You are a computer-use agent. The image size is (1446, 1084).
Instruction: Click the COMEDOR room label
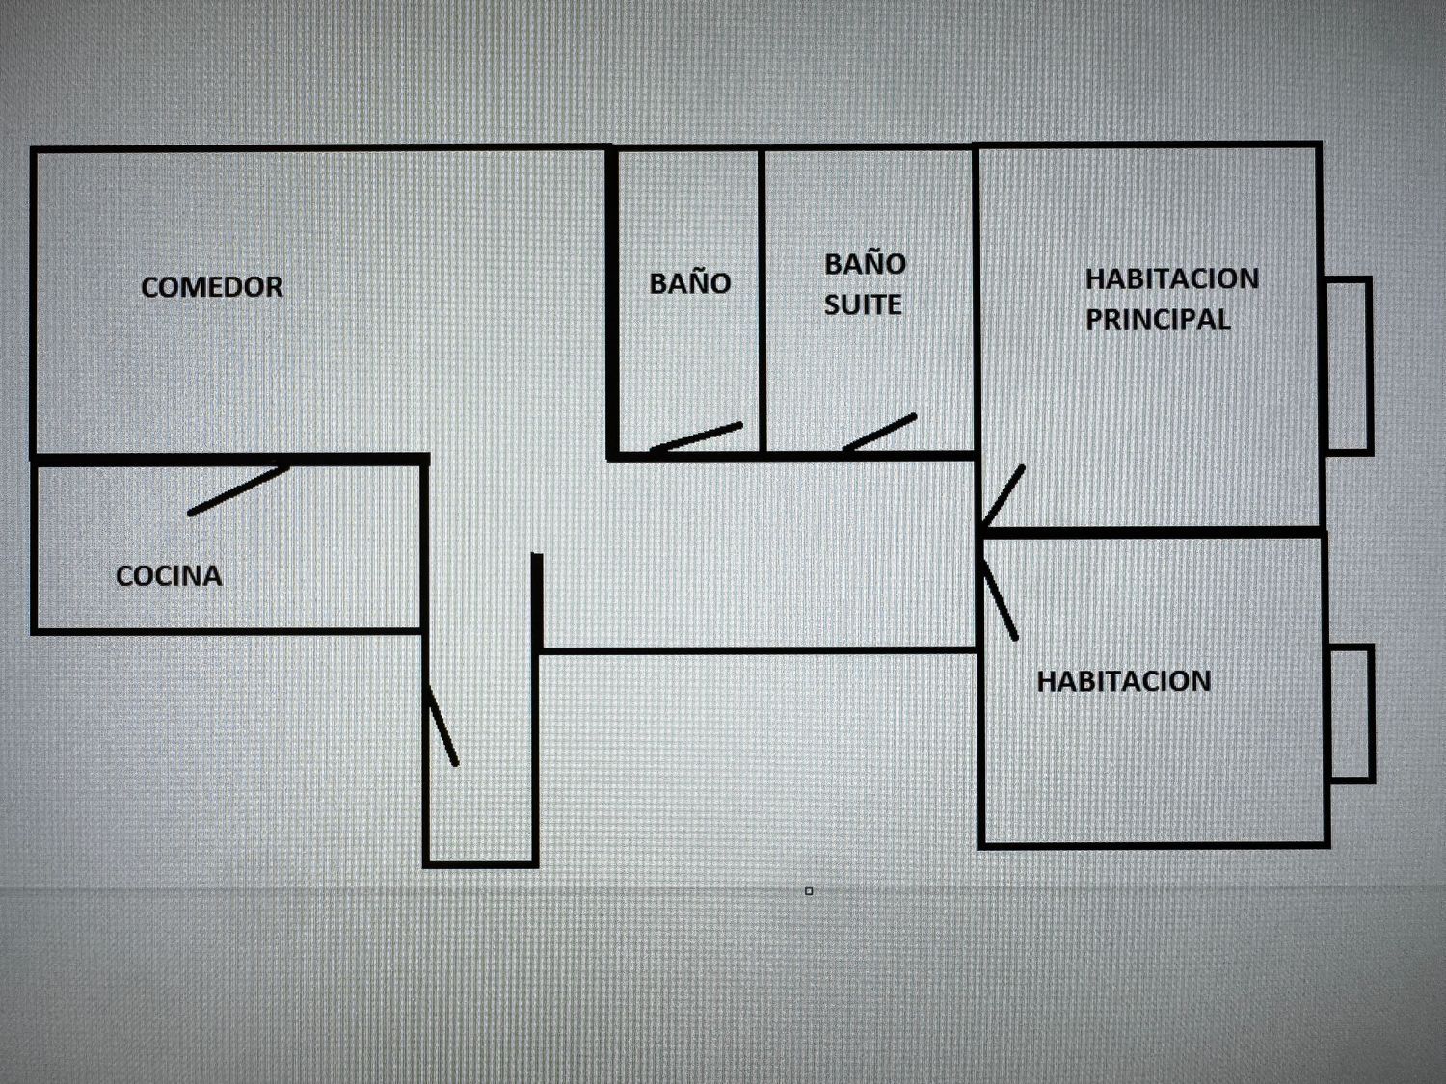(211, 287)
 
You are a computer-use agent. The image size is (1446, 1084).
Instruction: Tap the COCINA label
(169, 576)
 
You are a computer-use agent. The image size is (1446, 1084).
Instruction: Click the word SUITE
(863, 304)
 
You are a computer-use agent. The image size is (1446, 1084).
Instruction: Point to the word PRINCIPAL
(1158, 319)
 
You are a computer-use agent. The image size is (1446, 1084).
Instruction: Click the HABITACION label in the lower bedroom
(1124, 681)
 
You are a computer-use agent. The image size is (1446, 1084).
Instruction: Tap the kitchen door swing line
(238, 490)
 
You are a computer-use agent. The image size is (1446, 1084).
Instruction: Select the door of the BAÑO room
(696, 437)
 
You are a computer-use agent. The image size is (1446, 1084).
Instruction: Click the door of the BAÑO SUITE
(879, 433)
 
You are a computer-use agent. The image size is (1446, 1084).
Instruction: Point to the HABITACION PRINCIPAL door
(1003, 496)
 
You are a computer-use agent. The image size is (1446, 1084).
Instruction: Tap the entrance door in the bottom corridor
(442, 726)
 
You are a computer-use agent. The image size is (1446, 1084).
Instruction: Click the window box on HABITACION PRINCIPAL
(1348, 366)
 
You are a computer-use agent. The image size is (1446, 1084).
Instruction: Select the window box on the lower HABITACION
(1352, 714)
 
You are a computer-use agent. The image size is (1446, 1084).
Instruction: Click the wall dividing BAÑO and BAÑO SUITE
(763, 302)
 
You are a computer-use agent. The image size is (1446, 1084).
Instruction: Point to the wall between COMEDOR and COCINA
(229, 460)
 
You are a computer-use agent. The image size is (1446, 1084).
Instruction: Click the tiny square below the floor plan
(809, 891)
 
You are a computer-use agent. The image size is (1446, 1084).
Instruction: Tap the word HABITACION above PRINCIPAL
(1172, 279)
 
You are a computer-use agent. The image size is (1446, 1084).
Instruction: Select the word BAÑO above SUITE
(865, 263)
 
